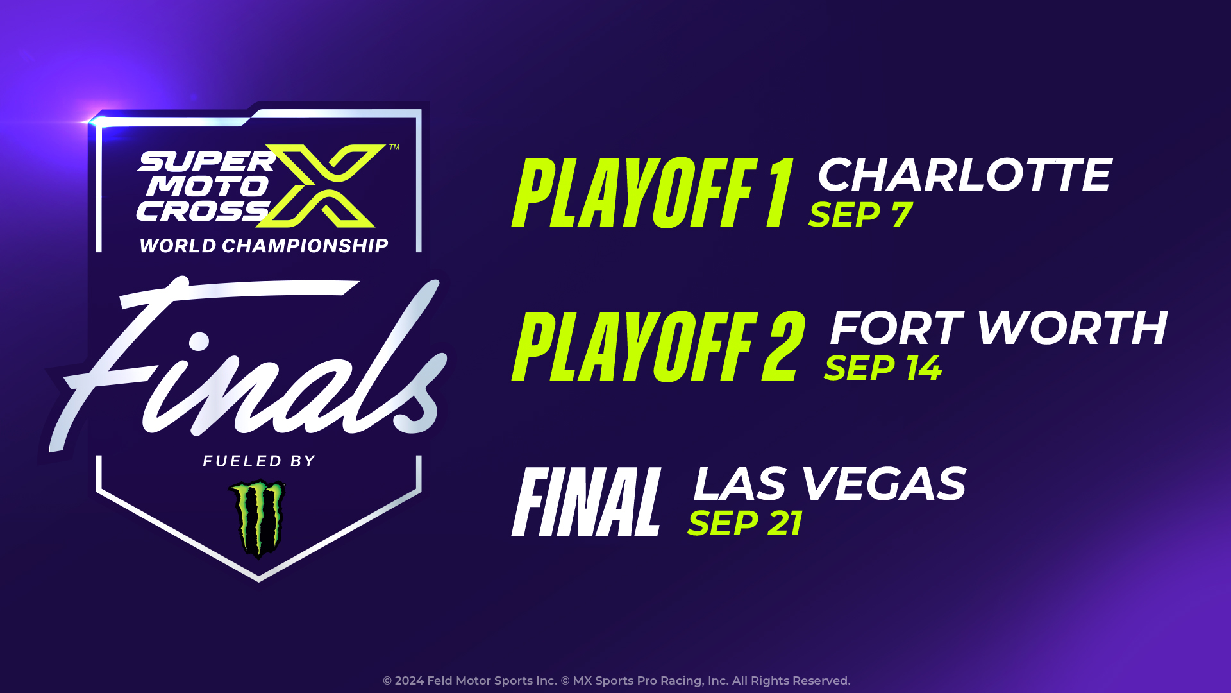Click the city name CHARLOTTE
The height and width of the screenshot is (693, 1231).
pos(964,175)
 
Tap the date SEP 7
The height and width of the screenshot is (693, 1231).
pos(860,214)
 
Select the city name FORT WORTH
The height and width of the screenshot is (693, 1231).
pos(998,328)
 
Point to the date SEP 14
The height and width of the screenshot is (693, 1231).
pos(883,368)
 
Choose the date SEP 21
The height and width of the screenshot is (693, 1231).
pos(745,523)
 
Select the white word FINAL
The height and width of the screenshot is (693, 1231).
pos(586,502)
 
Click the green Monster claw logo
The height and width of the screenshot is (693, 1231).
pos(258,519)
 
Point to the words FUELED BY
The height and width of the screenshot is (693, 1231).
pos(259,461)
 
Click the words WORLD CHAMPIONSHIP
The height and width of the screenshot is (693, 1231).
pos(264,246)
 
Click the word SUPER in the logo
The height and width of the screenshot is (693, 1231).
pos(206,162)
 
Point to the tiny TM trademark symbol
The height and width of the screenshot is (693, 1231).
pos(394,147)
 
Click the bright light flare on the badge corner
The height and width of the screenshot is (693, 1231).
pos(97,121)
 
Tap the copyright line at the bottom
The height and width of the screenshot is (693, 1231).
pos(616,681)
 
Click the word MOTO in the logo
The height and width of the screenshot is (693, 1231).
pos(207,187)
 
